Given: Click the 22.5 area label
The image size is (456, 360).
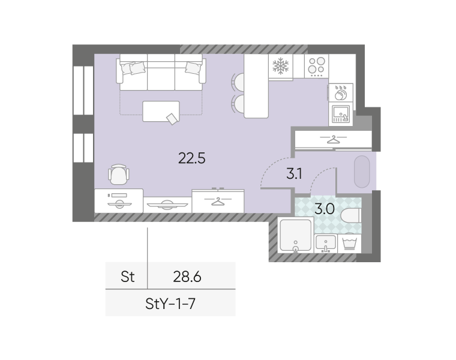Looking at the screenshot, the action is [x=191, y=158].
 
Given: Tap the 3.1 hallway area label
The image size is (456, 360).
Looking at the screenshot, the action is [x=294, y=174].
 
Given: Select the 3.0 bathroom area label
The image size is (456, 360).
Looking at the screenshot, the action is [x=325, y=209].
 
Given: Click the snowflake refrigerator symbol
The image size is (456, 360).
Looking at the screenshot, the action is [x=280, y=66].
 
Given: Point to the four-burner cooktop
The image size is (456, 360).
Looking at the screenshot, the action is [x=316, y=66].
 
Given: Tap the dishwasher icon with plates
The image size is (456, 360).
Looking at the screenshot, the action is [x=341, y=92].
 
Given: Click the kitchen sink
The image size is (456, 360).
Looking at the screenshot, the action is [x=341, y=114].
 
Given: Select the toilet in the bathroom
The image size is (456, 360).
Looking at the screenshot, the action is [x=351, y=216].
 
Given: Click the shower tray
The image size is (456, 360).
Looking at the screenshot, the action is [x=295, y=235].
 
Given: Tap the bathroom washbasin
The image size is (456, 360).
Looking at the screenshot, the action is [x=326, y=244].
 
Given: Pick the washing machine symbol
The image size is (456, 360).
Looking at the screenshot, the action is [x=350, y=244].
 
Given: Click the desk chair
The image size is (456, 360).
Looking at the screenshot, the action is [x=119, y=174].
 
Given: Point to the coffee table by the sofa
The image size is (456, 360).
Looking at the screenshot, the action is [x=161, y=111].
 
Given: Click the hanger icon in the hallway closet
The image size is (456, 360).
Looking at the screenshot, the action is [x=333, y=139].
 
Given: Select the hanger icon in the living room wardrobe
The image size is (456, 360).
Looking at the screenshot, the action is [x=218, y=201].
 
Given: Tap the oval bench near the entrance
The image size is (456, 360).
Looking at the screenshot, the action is [x=362, y=172].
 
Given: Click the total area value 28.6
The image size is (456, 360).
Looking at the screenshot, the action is [x=187, y=277].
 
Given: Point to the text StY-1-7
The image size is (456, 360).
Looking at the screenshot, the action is [x=170, y=304].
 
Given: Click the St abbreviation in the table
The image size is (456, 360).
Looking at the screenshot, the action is [x=128, y=277].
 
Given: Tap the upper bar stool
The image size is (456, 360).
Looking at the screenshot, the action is [x=238, y=82].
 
